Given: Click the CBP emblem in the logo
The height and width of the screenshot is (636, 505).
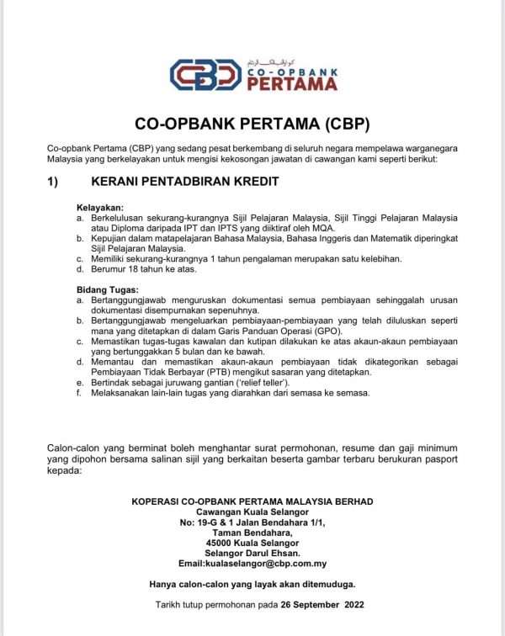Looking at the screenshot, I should (x=205, y=75).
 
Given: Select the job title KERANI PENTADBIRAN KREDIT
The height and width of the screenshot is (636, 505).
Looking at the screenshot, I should (x=184, y=181).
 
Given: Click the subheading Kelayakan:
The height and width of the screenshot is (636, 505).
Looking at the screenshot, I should (x=100, y=207).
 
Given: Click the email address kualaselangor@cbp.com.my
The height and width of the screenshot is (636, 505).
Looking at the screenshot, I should (x=252, y=564).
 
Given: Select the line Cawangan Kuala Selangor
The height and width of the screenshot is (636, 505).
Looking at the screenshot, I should (x=252, y=512).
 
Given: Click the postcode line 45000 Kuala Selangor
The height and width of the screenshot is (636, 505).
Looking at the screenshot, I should (x=252, y=543).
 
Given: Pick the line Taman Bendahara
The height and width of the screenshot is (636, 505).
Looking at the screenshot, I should (x=252, y=533).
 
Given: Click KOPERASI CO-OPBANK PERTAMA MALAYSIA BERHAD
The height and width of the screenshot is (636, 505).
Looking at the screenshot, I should (x=252, y=501).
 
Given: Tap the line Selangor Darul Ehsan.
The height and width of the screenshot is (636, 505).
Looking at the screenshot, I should (x=252, y=553).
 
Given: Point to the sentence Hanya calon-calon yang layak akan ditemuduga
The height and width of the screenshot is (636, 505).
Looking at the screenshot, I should (x=252, y=584).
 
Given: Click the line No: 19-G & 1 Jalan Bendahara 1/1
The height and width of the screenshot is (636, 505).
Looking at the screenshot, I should (x=252, y=522).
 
